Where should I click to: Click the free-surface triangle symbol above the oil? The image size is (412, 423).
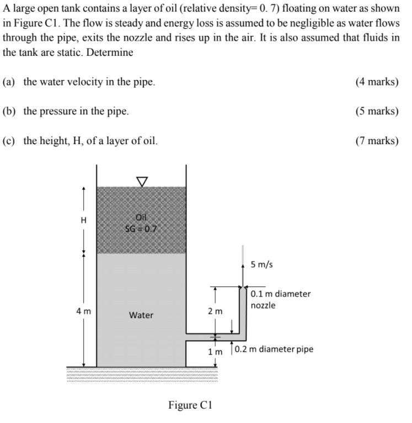coord(142,181)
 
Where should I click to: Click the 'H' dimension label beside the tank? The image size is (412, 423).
coord(84,220)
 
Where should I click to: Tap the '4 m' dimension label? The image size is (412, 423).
coord(84,311)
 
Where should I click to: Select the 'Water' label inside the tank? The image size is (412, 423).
coord(141,315)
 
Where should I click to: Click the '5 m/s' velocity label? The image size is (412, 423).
coord(262,265)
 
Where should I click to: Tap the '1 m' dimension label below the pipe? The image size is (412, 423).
coord(215,351)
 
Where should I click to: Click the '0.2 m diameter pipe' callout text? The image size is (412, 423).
coord(274,349)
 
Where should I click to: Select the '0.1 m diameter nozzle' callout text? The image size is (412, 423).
coord(280,299)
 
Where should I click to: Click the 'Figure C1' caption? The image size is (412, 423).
coord(190,405)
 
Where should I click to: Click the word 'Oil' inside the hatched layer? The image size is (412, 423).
coord(142,218)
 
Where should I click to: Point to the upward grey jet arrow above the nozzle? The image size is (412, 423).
coord(242,266)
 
